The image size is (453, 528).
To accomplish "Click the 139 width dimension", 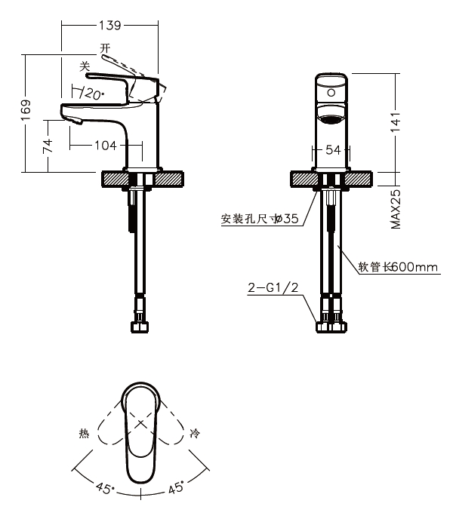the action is (110, 25).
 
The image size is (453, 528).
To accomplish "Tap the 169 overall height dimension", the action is (26, 110).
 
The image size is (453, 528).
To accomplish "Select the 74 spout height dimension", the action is (48, 146).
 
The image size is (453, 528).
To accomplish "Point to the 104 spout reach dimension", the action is (106, 146).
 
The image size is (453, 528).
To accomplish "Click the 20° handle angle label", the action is (92, 94).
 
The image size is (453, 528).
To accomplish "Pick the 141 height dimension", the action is (396, 122).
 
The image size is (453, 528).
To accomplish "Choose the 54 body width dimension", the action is (333, 150).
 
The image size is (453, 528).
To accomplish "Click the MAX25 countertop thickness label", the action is (396, 209).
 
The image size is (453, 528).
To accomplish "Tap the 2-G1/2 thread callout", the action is (273, 288).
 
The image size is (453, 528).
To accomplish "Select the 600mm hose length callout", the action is (398, 267).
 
